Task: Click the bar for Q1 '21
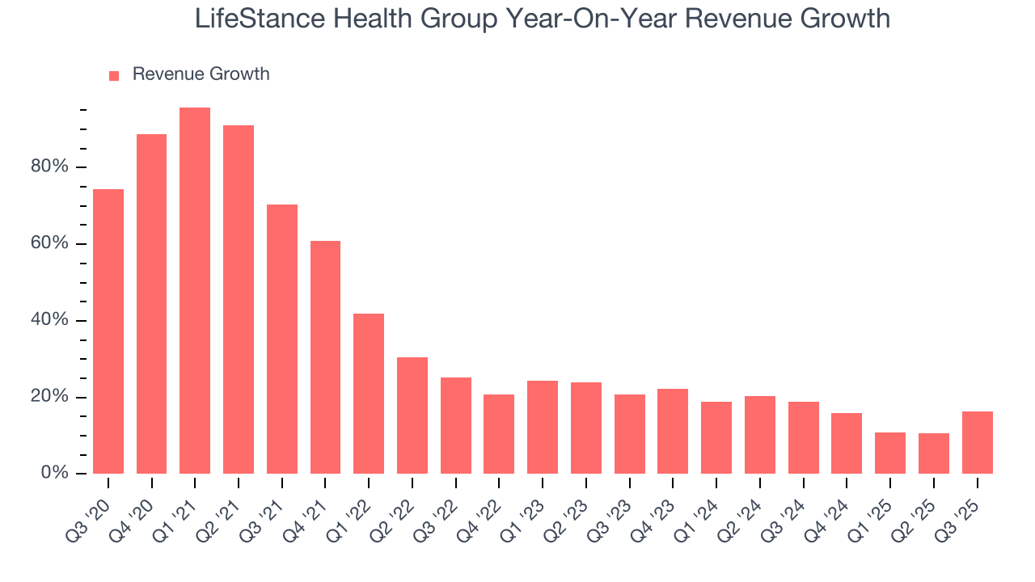[195, 291]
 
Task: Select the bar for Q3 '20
[108, 331]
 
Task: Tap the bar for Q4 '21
[325, 357]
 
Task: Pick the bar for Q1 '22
[369, 394]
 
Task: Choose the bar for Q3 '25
[977, 443]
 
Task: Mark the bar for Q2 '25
[933, 453]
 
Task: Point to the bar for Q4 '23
[673, 432]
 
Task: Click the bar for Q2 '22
[412, 415]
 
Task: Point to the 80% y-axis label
[49, 167]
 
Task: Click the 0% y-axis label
[54, 473]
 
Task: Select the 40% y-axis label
[49, 320]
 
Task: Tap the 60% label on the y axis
[49, 243]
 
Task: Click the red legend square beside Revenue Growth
[114, 75]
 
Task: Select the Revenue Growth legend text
[201, 74]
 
